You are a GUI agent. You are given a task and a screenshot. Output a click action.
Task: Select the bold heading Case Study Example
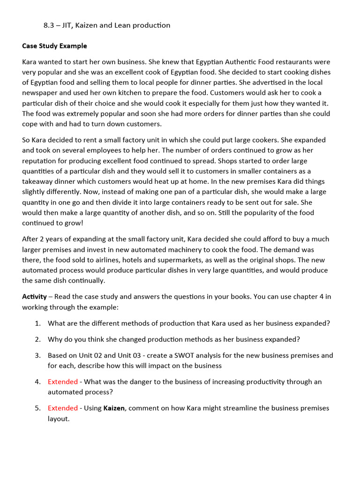(x=54, y=46)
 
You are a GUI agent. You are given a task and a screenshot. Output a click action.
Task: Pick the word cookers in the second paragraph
(x=269, y=140)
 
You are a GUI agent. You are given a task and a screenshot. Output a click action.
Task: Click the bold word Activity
(x=34, y=296)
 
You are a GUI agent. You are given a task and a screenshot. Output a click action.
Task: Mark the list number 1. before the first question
(x=37, y=323)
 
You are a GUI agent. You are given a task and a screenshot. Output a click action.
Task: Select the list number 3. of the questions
(x=37, y=355)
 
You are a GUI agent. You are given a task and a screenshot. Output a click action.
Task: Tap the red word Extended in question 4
(x=62, y=382)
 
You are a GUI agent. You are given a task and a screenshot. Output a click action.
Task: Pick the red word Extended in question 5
(x=62, y=408)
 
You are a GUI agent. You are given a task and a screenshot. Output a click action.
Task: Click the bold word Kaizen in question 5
(x=114, y=408)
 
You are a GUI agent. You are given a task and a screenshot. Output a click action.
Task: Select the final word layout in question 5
(x=58, y=418)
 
